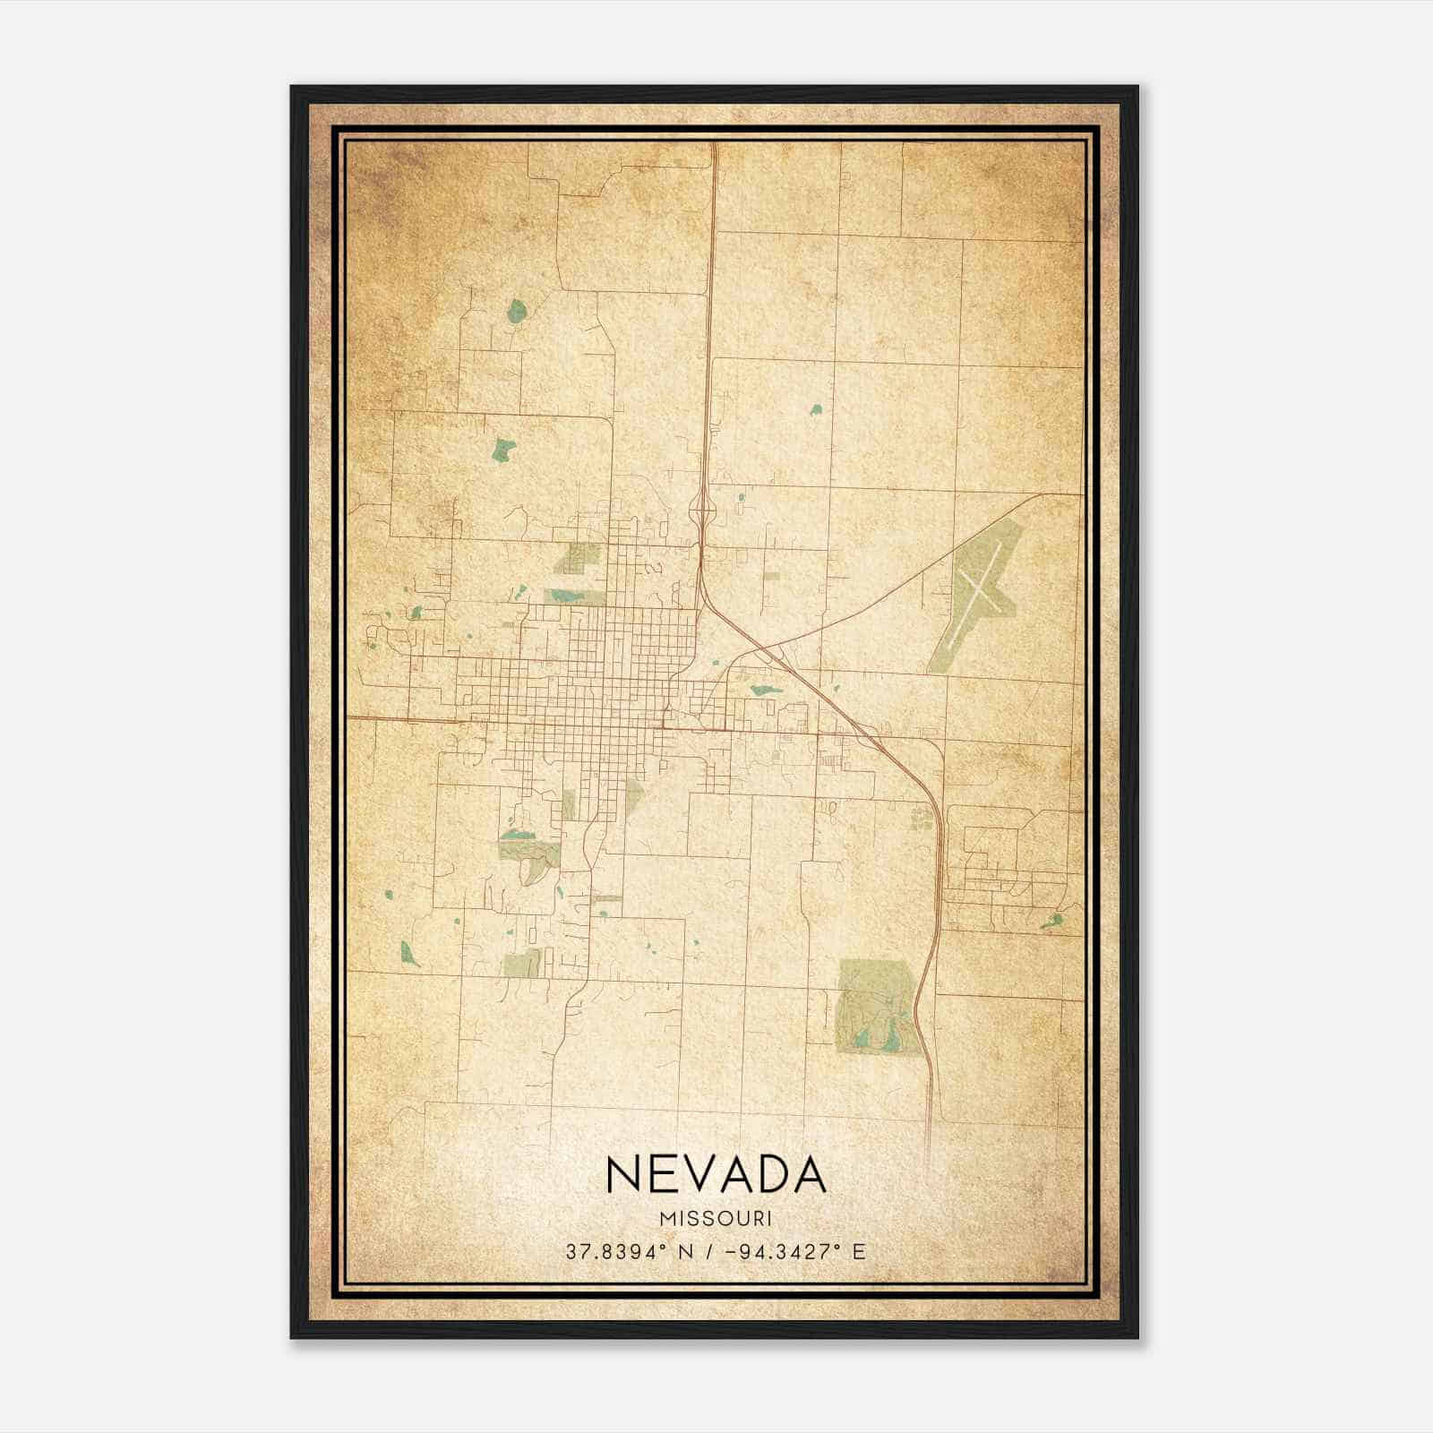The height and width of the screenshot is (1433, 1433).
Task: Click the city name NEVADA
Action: (716, 1174)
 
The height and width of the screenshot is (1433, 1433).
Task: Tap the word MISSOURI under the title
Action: (716, 1219)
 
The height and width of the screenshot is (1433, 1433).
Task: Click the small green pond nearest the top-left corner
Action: (517, 311)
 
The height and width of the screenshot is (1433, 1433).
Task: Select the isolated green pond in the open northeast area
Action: (816, 409)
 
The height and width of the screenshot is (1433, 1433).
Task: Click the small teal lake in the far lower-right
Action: (1053, 920)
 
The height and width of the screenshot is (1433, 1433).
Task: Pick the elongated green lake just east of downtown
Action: (766, 690)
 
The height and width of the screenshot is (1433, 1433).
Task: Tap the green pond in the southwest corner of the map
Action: (409, 953)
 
